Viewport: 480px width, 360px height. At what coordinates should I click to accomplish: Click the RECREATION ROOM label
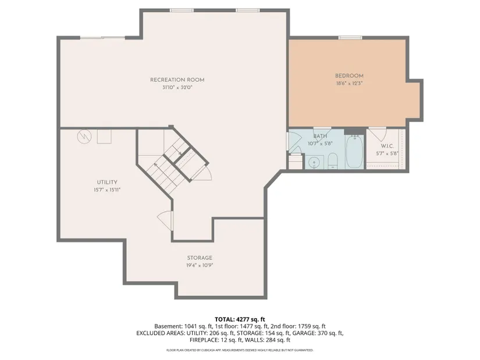(177, 80)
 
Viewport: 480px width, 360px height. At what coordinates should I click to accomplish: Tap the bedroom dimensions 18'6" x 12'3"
(349, 83)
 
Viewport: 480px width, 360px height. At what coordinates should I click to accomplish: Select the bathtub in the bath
(354, 151)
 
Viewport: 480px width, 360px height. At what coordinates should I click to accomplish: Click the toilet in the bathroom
(332, 161)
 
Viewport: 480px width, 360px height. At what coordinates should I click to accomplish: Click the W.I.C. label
(387, 147)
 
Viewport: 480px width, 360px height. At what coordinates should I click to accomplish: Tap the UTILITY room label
(107, 182)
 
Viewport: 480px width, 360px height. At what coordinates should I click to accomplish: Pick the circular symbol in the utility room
(84, 137)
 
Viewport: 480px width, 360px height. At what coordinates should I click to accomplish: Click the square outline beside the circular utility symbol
(104, 136)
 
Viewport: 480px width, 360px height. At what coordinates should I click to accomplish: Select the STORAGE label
(200, 258)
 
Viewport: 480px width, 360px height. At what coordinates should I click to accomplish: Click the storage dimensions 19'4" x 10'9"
(200, 265)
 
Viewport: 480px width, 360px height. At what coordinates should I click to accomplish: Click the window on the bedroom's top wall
(350, 38)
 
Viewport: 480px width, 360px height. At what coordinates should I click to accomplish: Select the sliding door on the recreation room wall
(102, 38)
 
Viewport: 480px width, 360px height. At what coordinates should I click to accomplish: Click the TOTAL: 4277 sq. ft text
(240, 320)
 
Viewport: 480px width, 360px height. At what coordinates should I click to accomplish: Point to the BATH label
(320, 136)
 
